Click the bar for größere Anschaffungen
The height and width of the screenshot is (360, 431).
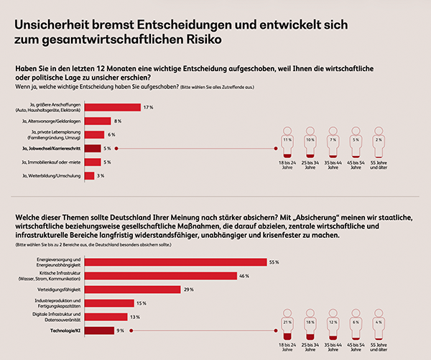[112, 108]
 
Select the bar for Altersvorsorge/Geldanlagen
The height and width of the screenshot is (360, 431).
[98, 121]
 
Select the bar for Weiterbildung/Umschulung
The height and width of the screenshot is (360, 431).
[89, 175]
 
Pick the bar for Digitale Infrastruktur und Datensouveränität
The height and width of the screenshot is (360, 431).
[105, 316]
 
